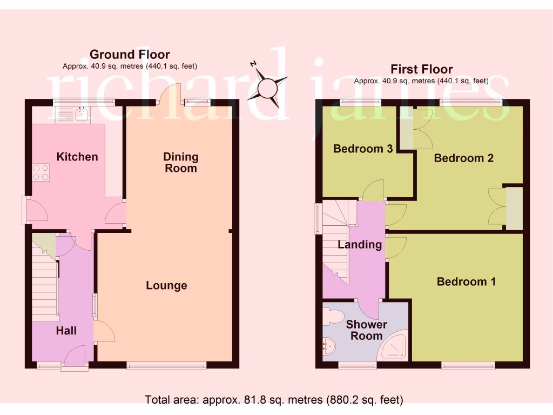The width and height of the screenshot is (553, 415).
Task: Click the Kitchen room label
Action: click(77, 157)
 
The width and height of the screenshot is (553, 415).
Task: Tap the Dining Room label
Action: click(181, 162)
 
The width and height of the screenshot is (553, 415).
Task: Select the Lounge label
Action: click(166, 285)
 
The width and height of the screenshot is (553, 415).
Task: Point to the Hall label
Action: click(66, 331)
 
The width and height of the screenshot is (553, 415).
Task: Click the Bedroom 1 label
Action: click(466, 282)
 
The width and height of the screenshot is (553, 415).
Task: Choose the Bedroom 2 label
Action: click(463, 158)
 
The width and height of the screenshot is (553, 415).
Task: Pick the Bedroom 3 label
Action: click(362, 149)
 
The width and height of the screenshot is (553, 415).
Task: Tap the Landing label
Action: click(360, 244)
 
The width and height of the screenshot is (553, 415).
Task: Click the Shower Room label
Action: click(366, 330)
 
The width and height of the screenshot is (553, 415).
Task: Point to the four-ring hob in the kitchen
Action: click(41, 172)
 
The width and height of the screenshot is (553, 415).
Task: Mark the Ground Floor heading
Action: click(130, 54)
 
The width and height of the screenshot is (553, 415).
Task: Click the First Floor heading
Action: click(421, 69)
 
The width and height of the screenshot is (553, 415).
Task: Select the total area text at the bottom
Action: click(274, 400)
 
